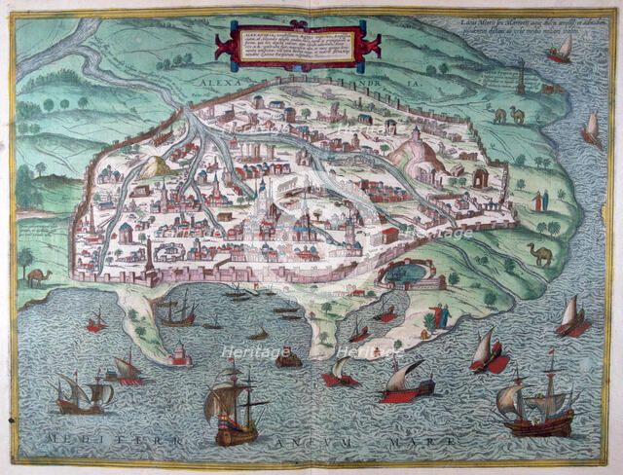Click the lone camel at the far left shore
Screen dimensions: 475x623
pos(37,277)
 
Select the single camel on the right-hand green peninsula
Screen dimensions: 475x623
pos(539,254)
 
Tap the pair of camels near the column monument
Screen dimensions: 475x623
pos(508,116)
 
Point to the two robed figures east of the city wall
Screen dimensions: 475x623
pos(539,201)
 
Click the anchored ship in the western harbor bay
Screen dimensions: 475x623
pos(178,311)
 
